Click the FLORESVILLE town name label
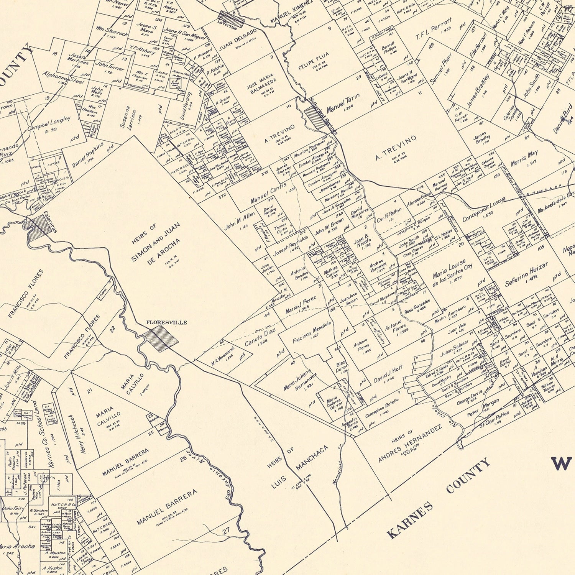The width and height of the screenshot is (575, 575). [166, 322]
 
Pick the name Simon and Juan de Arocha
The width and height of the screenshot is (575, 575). [155, 244]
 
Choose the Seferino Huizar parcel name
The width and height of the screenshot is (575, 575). [526, 274]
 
